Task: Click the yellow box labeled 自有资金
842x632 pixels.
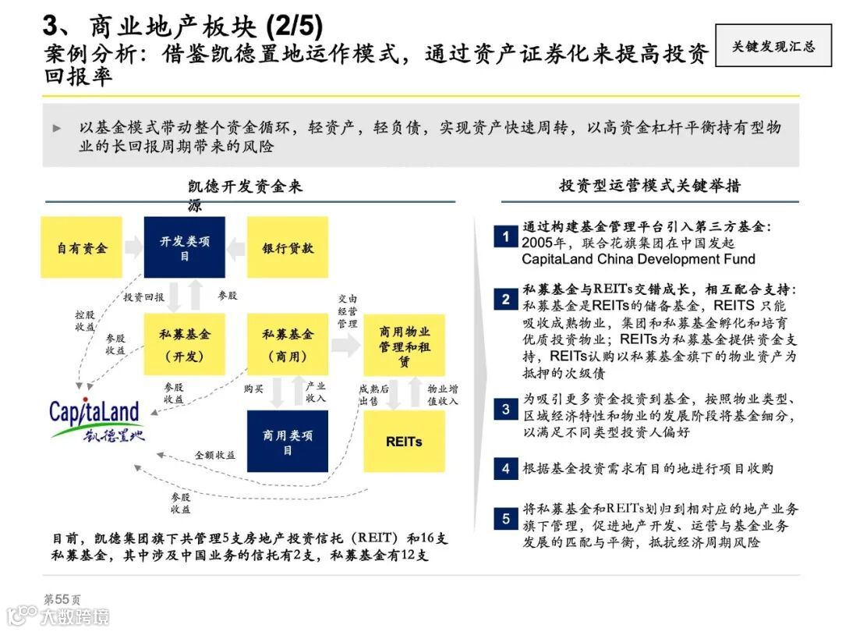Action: pos(82,248)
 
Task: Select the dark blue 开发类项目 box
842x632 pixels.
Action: pos(185,247)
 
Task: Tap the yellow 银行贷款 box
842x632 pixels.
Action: pos(288,248)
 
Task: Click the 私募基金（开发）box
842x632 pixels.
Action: pos(183,344)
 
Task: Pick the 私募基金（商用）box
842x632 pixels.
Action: pos(288,344)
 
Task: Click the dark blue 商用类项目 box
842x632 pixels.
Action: pos(288,442)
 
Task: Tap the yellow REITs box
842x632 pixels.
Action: pos(404,442)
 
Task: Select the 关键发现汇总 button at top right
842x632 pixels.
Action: pos(773,46)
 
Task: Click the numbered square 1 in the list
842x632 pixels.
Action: pos(505,236)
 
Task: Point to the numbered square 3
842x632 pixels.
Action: pos(505,410)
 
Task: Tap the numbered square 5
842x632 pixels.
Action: pos(505,518)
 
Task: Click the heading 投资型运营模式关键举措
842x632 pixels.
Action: pos(649,186)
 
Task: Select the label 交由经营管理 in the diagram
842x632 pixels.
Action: pos(348,311)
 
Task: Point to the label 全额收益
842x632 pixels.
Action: pos(214,454)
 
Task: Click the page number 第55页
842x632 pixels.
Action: pos(62,599)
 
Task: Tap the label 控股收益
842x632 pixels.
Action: pos(85,321)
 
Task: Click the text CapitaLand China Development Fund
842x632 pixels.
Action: pos(639,259)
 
